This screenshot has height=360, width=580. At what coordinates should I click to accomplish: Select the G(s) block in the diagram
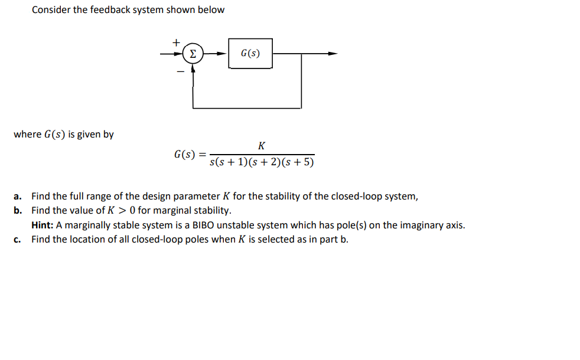(250, 54)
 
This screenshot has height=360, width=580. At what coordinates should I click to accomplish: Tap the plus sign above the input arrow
(175, 42)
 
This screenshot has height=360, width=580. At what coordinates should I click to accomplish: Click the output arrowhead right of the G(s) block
(334, 54)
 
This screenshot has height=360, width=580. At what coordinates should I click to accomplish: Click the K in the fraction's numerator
(262, 146)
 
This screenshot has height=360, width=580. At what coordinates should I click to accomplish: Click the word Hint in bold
(43, 225)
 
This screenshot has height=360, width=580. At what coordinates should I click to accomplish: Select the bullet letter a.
(18, 197)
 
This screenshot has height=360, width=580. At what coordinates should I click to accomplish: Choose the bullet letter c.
(18, 239)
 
